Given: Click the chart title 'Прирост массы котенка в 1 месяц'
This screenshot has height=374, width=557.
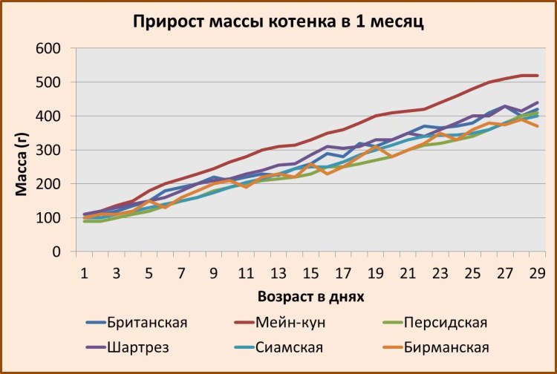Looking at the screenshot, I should coord(278,21).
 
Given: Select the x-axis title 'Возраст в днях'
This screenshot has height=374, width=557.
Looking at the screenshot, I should coord(310,296).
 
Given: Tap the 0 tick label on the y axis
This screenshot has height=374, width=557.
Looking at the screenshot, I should coord(56,252).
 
